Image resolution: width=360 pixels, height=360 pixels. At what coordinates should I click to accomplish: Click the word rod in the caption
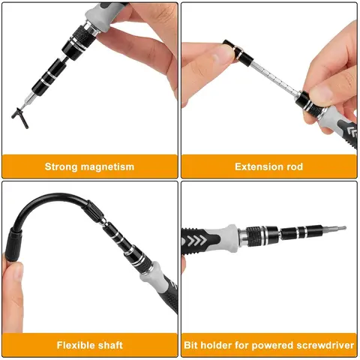coord(294,166)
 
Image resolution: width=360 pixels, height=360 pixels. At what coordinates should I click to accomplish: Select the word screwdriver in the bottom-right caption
coord(323,346)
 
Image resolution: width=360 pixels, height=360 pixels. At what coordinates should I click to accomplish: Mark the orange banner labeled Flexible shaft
coord(90,346)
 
